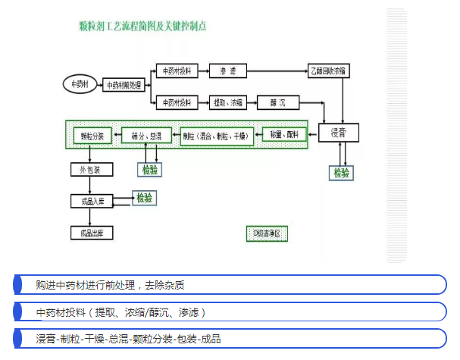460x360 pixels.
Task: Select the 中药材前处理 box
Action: click(x=123, y=85)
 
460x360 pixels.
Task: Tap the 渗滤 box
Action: click(x=228, y=70)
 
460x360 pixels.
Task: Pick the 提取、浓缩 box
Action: click(x=228, y=102)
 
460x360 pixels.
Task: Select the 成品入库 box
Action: click(x=91, y=201)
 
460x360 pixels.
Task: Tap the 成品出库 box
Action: click(x=91, y=233)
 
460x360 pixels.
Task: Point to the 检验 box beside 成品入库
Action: click(x=144, y=198)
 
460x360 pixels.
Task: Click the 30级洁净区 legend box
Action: click(x=268, y=233)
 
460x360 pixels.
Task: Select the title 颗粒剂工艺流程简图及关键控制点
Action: click(x=142, y=26)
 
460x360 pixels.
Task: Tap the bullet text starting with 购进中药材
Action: click(x=111, y=285)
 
